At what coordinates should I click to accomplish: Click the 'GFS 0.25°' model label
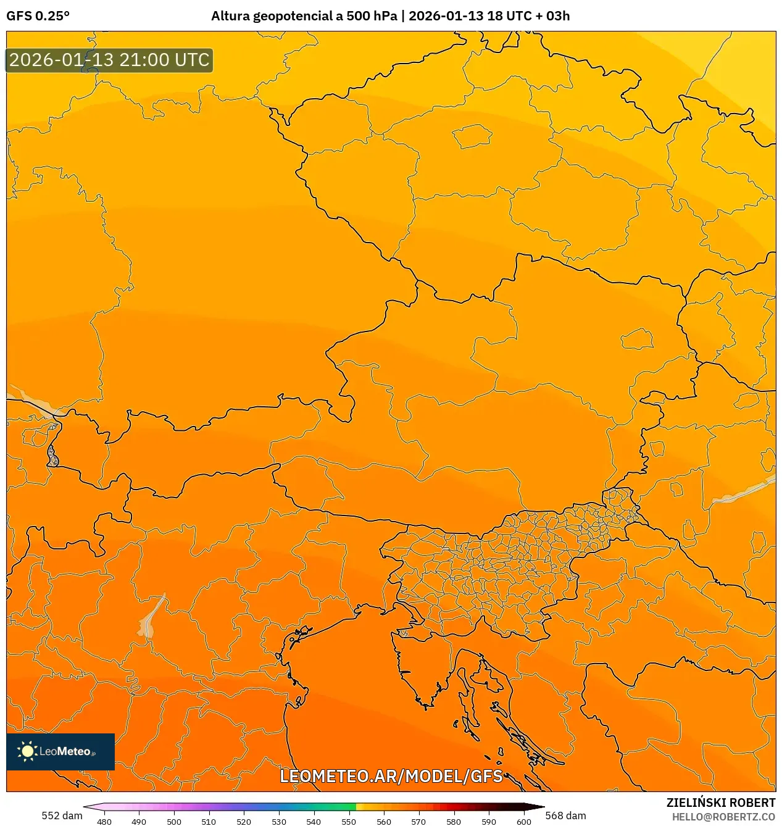pyautogui.click(x=38, y=16)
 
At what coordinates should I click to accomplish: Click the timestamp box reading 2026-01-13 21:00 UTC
pyautogui.click(x=109, y=60)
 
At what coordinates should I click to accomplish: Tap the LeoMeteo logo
pyautogui.click(x=60, y=751)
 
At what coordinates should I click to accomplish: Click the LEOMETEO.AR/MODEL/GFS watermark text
pyautogui.click(x=391, y=776)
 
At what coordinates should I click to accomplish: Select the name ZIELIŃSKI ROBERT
pyautogui.click(x=720, y=803)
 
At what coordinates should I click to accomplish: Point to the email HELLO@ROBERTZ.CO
pyautogui.click(x=723, y=817)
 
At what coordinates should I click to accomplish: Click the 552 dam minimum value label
pyautogui.click(x=62, y=816)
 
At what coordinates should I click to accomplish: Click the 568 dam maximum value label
pyautogui.click(x=565, y=816)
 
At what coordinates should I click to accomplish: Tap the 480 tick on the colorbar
pyautogui.click(x=104, y=822)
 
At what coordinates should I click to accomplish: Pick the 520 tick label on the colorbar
pyautogui.click(x=244, y=822)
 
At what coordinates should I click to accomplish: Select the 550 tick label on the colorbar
pyautogui.click(x=349, y=822)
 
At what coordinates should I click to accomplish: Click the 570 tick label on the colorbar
pyautogui.click(x=418, y=822)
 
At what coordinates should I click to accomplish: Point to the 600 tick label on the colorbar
pyautogui.click(x=523, y=822)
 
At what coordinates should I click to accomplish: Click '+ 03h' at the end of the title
pyautogui.click(x=552, y=16)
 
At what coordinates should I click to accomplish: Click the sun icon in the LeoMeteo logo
pyautogui.click(x=27, y=751)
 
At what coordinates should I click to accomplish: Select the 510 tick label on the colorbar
pyautogui.click(x=209, y=822)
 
